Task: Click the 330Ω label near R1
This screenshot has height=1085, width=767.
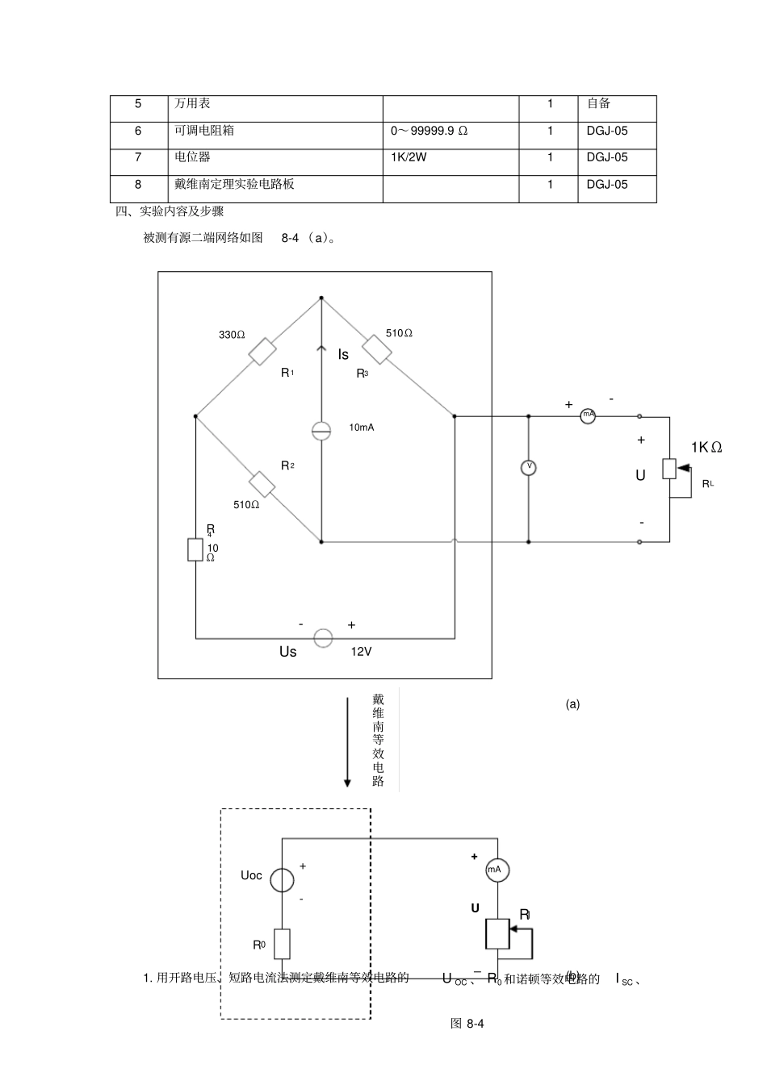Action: coord(232,335)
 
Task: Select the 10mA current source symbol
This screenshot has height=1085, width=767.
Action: coord(321,430)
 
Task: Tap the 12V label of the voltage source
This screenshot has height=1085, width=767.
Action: coord(361,652)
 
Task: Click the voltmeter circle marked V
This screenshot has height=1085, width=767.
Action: coord(528,467)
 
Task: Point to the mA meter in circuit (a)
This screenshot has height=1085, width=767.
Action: coord(589,416)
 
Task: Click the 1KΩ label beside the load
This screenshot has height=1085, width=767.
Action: coord(706,448)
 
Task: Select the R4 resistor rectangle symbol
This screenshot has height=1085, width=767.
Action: coord(195,550)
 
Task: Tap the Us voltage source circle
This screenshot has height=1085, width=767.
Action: coord(323,639)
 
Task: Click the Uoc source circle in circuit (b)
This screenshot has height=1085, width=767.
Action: coord(282,879)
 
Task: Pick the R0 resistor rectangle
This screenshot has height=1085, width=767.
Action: coord(282,944)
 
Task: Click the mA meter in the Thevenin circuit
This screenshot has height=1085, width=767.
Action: coord(497,870)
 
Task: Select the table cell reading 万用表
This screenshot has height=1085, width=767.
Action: coord(193,104)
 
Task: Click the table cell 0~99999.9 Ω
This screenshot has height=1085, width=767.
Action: coord(429,131)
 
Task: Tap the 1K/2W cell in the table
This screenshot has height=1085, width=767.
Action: coord(409,157)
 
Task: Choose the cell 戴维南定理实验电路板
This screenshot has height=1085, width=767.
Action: coord(234,184)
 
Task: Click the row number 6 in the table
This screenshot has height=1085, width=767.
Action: coord(138,131)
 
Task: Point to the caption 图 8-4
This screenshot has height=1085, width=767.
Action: coord(467,1024)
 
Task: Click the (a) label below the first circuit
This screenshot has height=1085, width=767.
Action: coord(572,704)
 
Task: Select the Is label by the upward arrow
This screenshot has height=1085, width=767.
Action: coord(343,355)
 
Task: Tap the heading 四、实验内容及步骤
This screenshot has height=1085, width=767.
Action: coord(170,211)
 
